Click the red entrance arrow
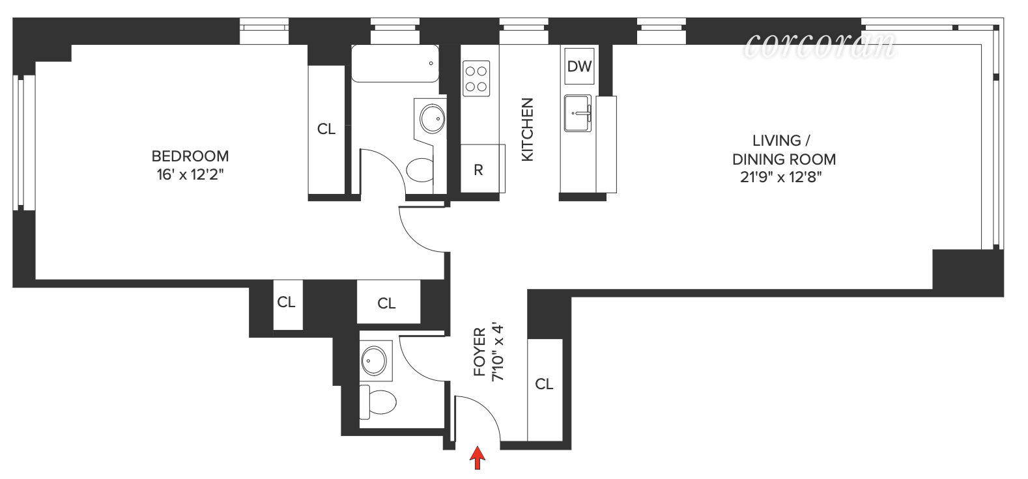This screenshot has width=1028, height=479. pyautogui.click(x=478, y=458)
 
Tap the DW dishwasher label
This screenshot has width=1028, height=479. pyautogui.click(x=579, y=66)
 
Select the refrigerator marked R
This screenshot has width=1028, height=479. pyautogui.click(x=478, y=170)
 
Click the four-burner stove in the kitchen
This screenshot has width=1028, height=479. pyautogui.click(x=476, y=79)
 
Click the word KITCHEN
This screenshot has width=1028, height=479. pyautogui.click(x=527, y=130)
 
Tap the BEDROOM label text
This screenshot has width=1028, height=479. pyautogui.click(x=190, y=156)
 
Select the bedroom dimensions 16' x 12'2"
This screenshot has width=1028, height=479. pyautogui.click(x=190, y=175)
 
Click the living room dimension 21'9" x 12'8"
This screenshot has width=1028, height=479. pyautogui.click(x=780, y=177)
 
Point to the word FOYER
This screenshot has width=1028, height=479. pyautogui.click(x=480, y=352)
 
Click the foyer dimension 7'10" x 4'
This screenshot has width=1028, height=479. pyautogui.click(x=498, y=351)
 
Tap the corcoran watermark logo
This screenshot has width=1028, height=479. pyautogui.click(x=820, y=45)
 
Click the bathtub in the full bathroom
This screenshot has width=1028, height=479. pyautogui.click(x=395, y=64)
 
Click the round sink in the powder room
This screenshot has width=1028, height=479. pyautogui.click(x=374, y=361)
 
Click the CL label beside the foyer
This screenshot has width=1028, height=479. pyautogui.click(x=544, y=385)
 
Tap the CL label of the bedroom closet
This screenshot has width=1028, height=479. pyautogui.click(x=326, y=130)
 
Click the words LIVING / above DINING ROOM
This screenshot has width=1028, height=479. pyautogui.click(x=781, y=141)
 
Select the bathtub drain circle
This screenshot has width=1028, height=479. pyautogui.click(x=431, y=64)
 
